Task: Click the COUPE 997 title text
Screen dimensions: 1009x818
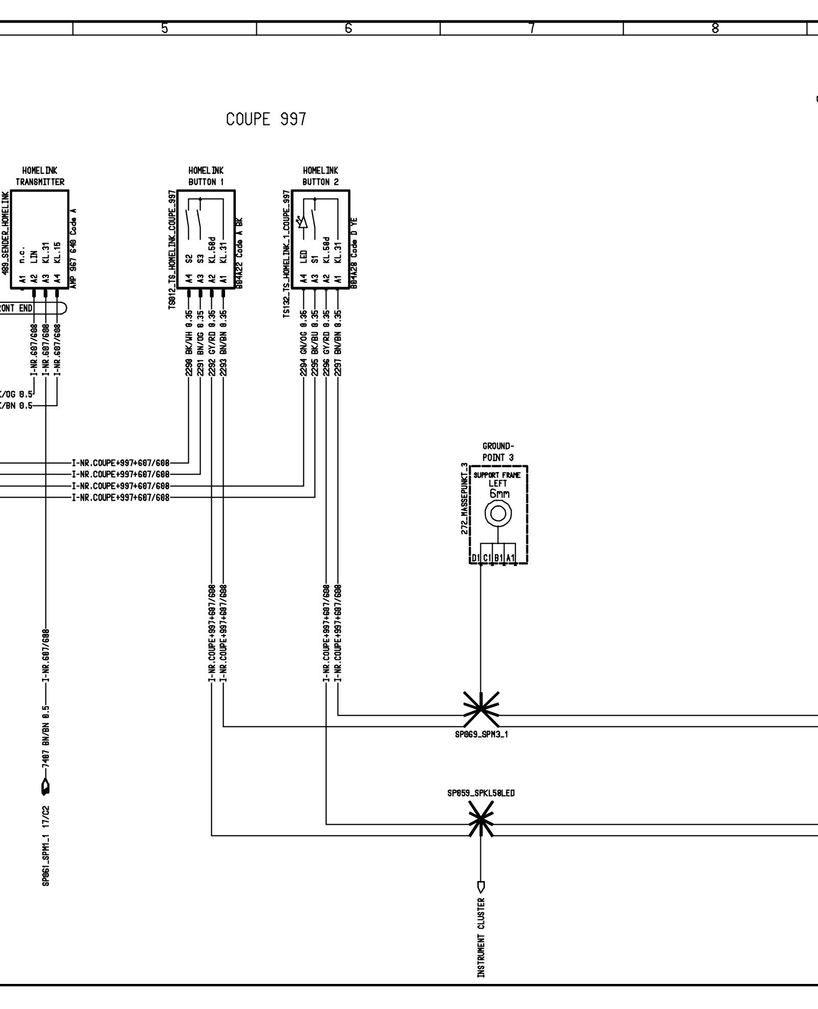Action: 266,119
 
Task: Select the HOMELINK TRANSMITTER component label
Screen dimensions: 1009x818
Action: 40,176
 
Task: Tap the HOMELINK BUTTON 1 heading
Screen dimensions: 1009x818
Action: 206,176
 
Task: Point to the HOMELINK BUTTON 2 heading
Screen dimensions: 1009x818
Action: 320,176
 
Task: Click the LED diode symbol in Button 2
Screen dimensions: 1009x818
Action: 303,222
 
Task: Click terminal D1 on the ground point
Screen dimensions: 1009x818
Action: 475,557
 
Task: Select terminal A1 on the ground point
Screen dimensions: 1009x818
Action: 511,557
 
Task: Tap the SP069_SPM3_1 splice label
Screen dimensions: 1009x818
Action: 481,734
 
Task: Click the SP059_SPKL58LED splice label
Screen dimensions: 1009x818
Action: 481,793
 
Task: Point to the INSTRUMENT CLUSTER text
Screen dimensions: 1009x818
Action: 481,937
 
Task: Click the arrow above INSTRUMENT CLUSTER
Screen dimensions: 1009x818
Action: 481,885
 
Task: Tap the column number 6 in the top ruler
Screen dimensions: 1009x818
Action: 348,29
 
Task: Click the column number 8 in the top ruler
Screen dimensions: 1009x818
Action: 715,29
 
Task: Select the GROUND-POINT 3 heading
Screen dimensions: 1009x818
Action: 498,452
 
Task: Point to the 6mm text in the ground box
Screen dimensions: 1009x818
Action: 499,494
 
